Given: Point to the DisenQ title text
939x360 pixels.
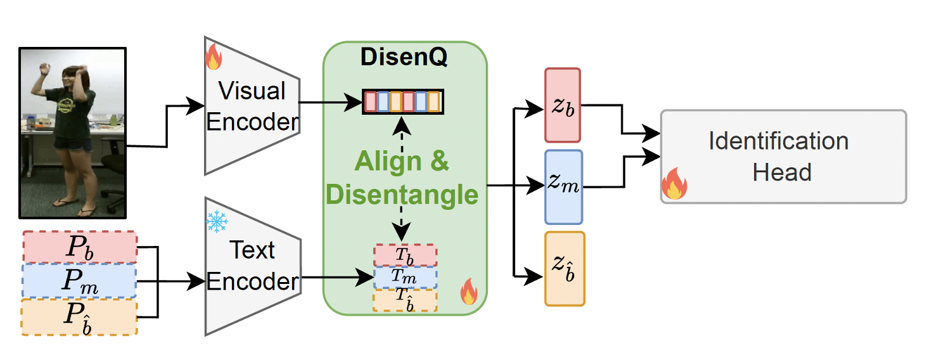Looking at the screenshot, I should tap(404, 57).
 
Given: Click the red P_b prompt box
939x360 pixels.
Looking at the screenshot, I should tap(79, 247).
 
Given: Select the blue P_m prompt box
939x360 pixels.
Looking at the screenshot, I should tap(79, 281).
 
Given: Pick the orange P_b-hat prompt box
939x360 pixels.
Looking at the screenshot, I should tap(79, 317).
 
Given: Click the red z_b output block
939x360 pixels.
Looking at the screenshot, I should tap(563, 105).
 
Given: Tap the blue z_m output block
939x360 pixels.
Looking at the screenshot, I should tap(563, 187).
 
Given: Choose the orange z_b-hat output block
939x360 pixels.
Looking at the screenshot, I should tap(565, 269).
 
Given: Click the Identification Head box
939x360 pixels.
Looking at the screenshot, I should tap(783, 157).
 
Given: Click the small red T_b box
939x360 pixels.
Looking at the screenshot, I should tap(406, 255).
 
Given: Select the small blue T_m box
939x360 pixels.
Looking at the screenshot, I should tap(406, 277).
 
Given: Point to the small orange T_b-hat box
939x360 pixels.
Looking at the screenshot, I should tap(406, 299).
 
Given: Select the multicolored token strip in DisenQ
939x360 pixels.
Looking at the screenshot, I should tap(403, 101).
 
